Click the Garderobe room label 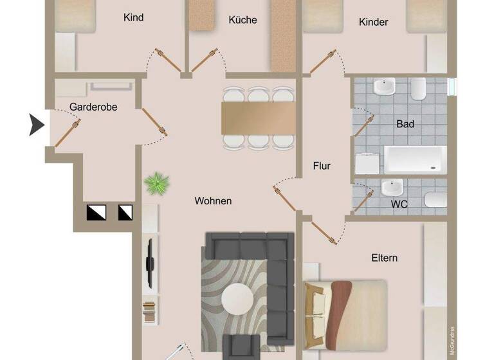pos(94,107)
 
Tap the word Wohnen pos(213,201)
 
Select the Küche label pos(242,20)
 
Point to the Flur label pos(322,166)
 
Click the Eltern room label pos(384,258)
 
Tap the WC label pos(399,204)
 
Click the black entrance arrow pos(37,124)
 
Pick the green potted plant pos(156,184)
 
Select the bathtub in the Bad pos(415,159)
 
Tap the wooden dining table pos(258,118)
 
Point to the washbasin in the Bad pos(385,85)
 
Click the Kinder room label pos(373,22)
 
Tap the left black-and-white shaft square pos(93,211)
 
